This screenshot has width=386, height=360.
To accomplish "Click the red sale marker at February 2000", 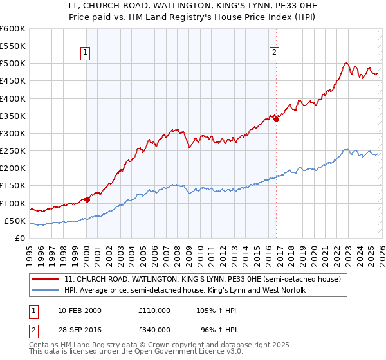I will coord(87,199).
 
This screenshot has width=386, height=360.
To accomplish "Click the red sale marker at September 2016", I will coord(276,119).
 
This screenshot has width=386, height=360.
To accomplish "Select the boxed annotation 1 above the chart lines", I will coord(86,53).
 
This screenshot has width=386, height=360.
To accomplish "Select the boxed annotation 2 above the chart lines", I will coord(275,53).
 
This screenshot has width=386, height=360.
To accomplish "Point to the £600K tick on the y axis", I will coord(13,29).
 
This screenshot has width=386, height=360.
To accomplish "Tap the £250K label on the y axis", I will coord(13,151).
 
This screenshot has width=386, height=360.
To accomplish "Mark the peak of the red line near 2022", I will coord(345,63).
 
